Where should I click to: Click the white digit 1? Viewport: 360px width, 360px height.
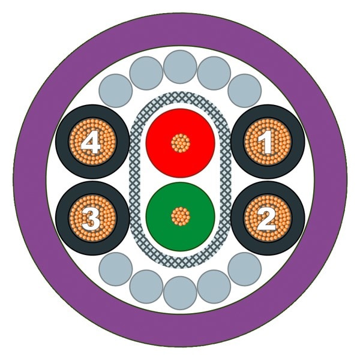click(267, 142)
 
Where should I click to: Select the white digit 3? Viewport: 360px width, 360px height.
click(91, 218)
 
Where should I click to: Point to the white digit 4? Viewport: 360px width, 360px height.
click(91, 142)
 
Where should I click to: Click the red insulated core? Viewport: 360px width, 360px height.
click(181, 143)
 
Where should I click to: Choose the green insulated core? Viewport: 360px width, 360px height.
click(181, 217)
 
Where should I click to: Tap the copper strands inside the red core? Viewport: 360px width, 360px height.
click(181, 143)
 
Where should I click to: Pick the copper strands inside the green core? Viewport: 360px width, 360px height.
click(181, 216)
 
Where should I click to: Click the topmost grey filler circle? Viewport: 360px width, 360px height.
click(180, 67)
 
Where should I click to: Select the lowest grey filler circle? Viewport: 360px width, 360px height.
click(180, 293)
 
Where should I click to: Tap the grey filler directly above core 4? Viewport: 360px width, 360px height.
click(116, 91)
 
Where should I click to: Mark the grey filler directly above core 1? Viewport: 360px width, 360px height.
click(245, 91)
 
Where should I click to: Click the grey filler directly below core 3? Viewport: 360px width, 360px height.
click(116, 269)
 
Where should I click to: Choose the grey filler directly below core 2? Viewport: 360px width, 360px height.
click(245, 269)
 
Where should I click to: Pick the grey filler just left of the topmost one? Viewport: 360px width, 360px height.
click(146, 73)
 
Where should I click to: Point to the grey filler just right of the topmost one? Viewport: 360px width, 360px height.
click(214, 73)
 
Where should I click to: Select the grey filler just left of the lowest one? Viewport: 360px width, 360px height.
click(146, 287)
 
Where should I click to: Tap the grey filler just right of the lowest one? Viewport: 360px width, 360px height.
click(214, 287)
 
